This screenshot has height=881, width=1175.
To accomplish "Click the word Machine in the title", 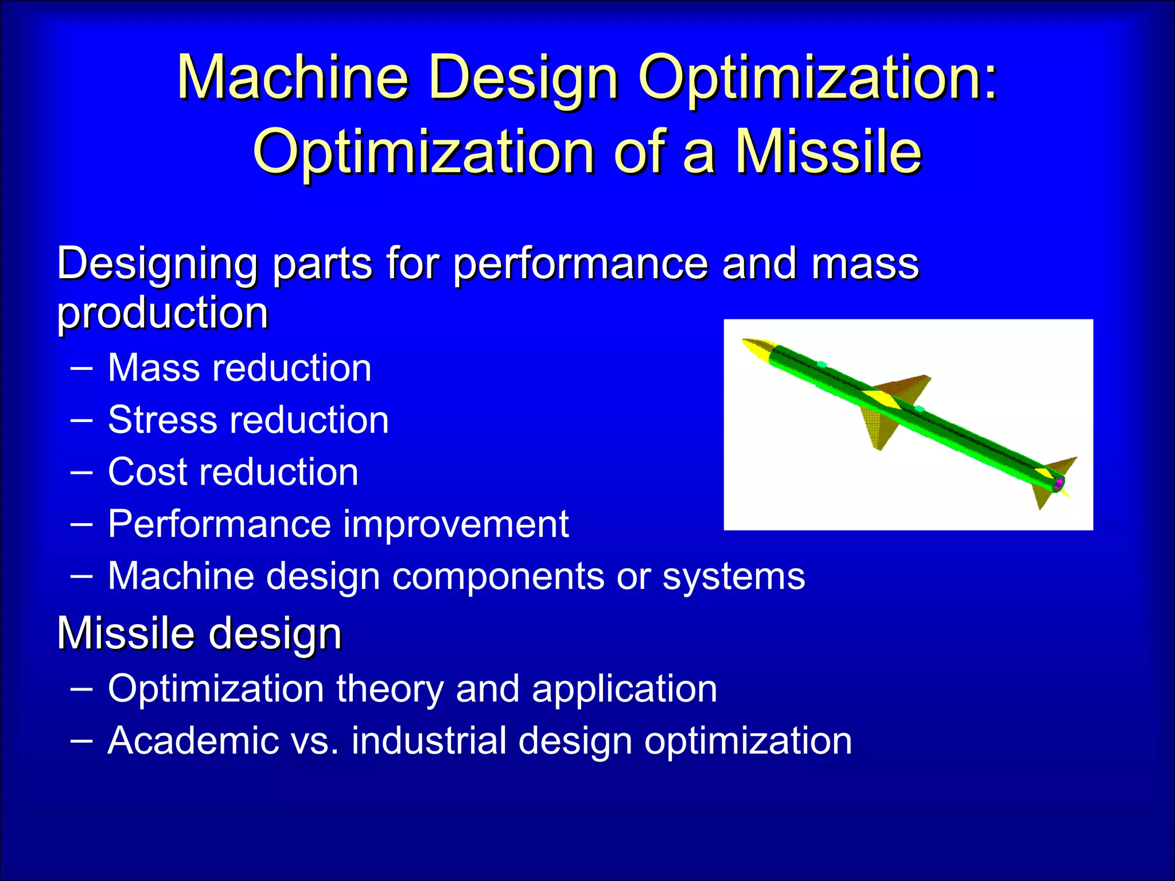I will (293, 77).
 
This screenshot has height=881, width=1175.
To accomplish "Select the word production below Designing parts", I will (163, 314).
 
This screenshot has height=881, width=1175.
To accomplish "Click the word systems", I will (733, 577).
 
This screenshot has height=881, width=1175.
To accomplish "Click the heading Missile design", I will (199, 634).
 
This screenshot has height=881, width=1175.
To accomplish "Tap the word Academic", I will (193, 740).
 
